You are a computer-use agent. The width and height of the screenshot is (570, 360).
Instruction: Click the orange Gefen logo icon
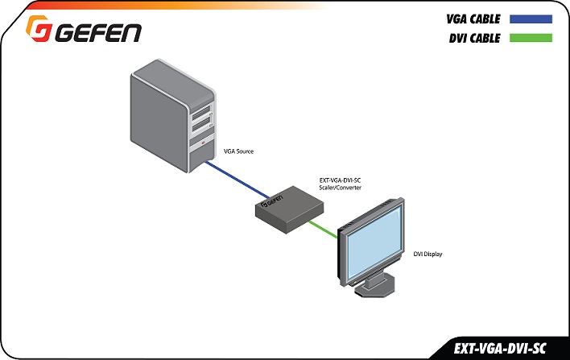[38, 28]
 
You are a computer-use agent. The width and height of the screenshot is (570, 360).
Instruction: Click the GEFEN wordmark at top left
[98, 33]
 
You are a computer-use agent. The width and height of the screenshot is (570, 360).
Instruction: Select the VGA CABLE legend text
[473, 19]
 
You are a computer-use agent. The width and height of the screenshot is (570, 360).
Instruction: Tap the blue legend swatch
[531, 19]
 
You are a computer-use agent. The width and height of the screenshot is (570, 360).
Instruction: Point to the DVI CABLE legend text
[475, 38]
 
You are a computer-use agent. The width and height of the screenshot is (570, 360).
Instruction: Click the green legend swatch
[531, 38]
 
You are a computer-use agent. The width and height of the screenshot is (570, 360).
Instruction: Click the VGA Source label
[238, 151]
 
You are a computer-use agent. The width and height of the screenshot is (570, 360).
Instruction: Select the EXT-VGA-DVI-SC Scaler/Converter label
[341, 184]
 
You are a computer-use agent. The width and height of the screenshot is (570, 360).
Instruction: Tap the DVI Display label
[427, 254]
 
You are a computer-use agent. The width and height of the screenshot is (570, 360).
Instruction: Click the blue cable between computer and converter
[237, 180]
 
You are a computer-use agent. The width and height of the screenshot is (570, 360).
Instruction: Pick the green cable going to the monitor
[323, 229]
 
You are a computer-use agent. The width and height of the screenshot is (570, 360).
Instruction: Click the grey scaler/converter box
[289, 209]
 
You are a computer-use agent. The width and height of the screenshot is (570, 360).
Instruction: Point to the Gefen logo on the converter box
[271, 201]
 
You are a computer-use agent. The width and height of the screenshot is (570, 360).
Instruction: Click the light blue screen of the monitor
[374, 241]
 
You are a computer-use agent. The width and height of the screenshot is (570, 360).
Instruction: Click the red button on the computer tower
[203, 143]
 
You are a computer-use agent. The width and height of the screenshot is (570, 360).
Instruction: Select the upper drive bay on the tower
[201, 113]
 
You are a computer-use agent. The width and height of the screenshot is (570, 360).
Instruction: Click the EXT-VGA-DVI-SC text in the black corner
[500, 349]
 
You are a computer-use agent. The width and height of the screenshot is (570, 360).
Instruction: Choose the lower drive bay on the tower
[202, 126]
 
